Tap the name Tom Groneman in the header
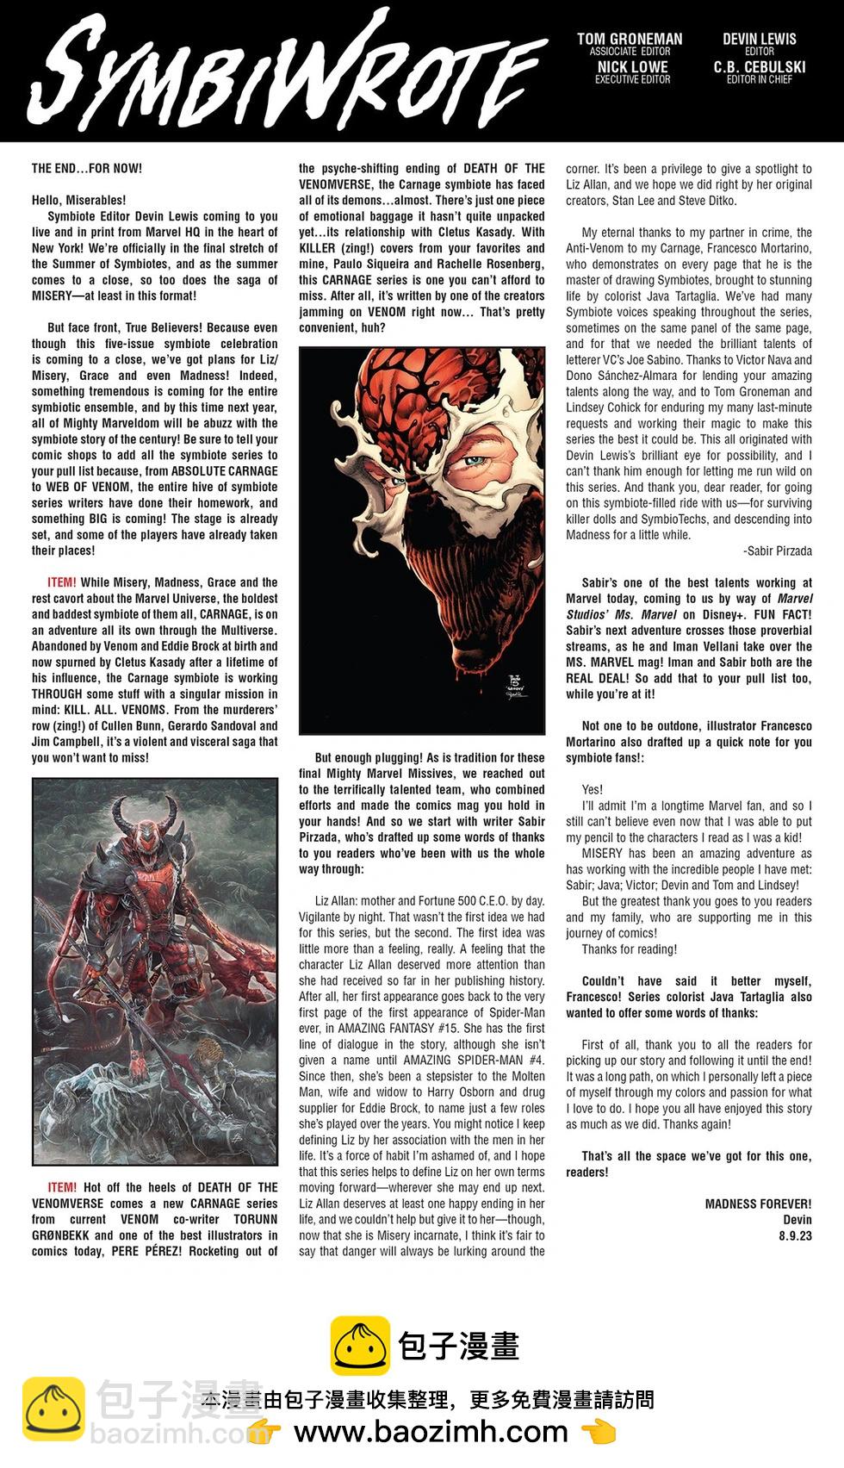[629, 39]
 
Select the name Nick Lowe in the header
[632, 66]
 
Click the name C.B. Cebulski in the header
[759, 66]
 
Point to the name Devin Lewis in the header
[759, 39]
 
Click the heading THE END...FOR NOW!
[87, 168]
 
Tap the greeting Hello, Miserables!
[78, 200]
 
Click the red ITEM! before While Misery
[62, 582]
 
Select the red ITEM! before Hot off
[62, 1187]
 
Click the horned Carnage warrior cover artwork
[155, 973]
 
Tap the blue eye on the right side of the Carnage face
[476, 460]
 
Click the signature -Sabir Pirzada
[777, 550]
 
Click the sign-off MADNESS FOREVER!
[758, 1204]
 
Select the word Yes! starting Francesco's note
[593, 789]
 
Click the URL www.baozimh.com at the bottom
[431, 1432]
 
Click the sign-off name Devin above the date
[797, 1219]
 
